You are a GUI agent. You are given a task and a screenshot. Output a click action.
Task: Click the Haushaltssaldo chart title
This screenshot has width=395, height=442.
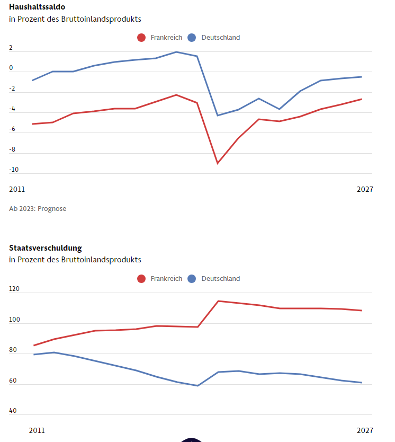tap(37, 7)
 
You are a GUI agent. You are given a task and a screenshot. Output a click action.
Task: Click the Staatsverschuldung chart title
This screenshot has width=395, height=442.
tap(46, 248)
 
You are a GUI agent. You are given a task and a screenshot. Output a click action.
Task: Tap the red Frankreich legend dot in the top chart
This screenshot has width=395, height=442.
tap(141, 38)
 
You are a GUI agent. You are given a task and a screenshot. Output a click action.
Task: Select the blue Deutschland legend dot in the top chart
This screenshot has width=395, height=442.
tap(192, 38)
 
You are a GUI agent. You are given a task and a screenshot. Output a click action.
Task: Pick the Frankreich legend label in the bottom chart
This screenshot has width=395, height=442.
tap(166, 279)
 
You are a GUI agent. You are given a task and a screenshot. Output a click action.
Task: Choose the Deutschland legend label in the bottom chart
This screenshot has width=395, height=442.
tap(220, 279)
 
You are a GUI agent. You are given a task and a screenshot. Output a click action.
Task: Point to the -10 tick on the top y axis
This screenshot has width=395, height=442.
tap(14, 170)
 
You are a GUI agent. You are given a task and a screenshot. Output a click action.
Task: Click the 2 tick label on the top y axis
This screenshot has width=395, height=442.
tap(11, 48)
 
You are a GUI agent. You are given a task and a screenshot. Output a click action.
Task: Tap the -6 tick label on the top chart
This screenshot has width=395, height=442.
tap(12, 129)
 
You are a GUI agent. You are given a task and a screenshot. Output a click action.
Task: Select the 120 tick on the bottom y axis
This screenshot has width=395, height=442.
tap(14, 289)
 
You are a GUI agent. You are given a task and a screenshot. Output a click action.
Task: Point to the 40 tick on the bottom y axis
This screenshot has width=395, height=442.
tap(13, 411)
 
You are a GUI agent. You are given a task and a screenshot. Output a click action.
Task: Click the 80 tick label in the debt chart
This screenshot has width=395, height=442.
tap(13, 350)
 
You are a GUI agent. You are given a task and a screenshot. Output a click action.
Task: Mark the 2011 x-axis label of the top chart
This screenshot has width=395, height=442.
tap(17, 189)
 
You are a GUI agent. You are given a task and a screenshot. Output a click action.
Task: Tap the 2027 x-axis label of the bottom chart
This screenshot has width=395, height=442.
tap(365, 430)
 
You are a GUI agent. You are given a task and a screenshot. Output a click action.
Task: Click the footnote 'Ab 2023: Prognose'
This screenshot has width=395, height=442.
tap(38, 209)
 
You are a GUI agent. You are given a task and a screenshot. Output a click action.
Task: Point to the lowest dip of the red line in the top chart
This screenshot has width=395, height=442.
tap(218, 163)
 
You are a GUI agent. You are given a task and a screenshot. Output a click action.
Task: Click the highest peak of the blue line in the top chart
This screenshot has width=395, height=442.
tap(176, 52)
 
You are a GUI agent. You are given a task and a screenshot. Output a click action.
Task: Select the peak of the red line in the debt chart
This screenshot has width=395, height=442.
tap(218, 301)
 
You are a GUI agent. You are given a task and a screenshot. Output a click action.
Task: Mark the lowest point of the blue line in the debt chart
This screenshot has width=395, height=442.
tap(197, 385)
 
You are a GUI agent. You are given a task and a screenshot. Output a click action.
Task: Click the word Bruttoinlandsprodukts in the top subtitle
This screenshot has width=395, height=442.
tap(101, 19)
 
